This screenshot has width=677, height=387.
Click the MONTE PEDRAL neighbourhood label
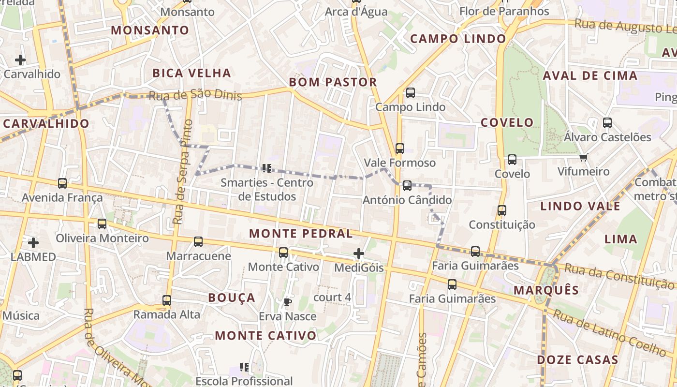point(301,234)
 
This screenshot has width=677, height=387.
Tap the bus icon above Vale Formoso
point(400,149)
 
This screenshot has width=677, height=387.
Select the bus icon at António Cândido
point(407,186)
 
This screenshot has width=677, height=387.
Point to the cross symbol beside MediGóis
point(359,253)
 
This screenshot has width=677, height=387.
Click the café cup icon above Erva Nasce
point(288,302)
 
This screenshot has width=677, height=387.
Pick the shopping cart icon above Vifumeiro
point(584,157)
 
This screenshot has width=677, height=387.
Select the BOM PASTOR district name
point(333,82)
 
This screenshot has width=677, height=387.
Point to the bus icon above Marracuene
point(198,241)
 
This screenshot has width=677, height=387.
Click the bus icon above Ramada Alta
point(167,300)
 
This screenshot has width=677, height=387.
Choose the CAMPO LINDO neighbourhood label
point(458,39)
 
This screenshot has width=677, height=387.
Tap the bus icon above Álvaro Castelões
point(607,123)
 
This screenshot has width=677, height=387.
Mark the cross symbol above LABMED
point(33,242)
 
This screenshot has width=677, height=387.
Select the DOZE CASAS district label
point(577,360)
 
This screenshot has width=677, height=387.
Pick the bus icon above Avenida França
point(62,183)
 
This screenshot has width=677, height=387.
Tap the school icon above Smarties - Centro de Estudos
point(266,168)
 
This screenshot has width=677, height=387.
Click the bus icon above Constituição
point(502,210)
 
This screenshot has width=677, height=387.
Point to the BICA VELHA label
point(191,74)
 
